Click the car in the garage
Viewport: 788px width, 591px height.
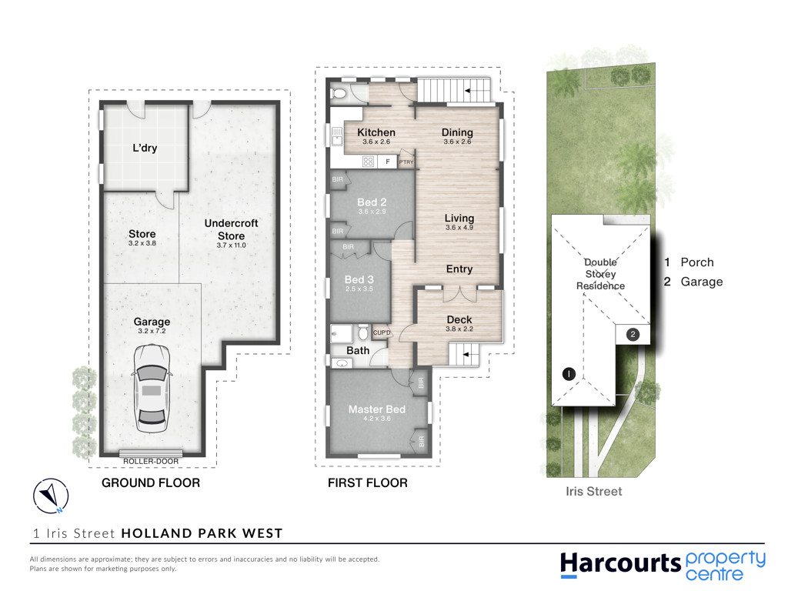point(152,389)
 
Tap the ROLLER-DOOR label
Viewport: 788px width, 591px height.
point(151,461)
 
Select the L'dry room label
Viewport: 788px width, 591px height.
point(145,148)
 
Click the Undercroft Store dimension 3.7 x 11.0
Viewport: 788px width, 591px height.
point(231,245)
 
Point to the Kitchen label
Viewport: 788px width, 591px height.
point(376,132)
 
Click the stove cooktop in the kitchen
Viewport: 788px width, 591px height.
point(369,162)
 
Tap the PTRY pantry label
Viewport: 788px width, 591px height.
point(406,162)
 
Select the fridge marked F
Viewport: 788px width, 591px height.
point(388,162)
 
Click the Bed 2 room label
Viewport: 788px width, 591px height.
point(372,202)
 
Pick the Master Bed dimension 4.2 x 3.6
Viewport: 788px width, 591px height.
point(377,418)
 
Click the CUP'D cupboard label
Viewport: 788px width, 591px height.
point(382,332)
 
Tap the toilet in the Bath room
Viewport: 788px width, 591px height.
point(363,332)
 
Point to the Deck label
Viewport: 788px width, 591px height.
point(459,319)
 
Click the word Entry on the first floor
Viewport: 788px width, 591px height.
point(459,269)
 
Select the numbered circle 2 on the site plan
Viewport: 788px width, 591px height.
point(633,334)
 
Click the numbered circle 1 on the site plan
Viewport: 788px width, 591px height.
point(569,374)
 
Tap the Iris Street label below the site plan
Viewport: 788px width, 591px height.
point(594,491)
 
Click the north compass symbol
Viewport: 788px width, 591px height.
point(51,496)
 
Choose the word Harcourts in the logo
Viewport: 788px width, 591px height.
point(621,564)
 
